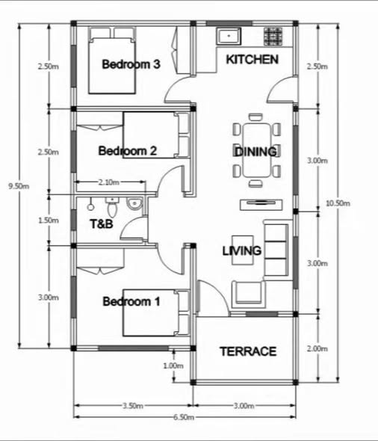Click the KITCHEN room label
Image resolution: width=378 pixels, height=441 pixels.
[252, 60]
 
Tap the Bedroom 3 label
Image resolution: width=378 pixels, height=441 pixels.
[131, 64]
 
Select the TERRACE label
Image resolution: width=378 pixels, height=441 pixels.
[248, 351]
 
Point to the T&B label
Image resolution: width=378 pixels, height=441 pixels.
[102, 224]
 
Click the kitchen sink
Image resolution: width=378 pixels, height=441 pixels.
[229, 36]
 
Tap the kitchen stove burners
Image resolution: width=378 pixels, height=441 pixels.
[273, 37]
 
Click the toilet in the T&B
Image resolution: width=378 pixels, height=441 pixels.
[112, 207]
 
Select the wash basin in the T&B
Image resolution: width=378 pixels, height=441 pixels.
[134, 204]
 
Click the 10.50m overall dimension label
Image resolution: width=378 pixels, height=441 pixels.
[338, 203]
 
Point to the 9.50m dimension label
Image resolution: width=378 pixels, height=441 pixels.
[19, 186]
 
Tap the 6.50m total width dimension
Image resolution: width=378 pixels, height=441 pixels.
[184, 417]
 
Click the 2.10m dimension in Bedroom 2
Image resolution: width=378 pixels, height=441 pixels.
[109, 182]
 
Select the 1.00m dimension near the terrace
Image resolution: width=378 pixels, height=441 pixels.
[173, 366]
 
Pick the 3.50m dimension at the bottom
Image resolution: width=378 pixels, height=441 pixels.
[133, 406]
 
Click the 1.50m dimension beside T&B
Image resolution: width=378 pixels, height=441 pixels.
[49, 220]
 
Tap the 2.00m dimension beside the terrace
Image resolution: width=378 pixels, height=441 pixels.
[317, 348]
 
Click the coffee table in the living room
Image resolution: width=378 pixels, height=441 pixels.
[243, 250]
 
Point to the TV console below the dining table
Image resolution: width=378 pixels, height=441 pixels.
[261, 205]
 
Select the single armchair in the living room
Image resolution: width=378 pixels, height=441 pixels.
[249, 294]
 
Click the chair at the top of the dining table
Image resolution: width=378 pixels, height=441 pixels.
[255, 117]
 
